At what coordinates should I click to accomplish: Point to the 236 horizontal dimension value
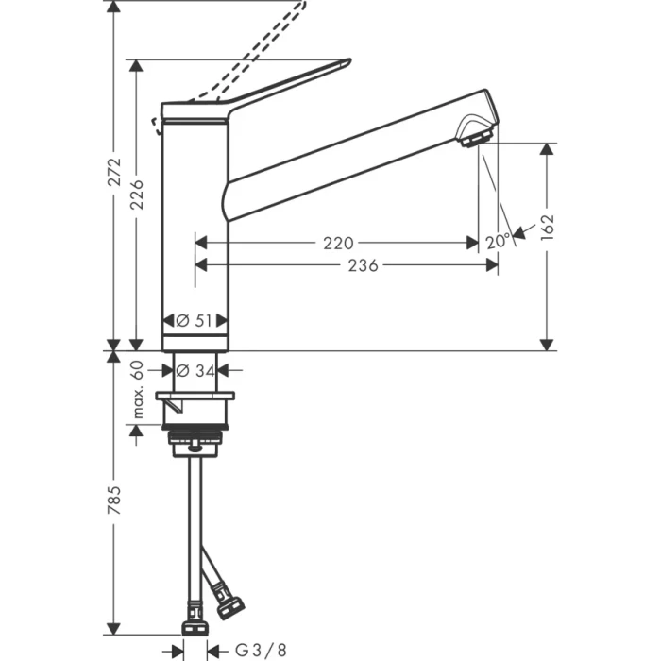[361, 266]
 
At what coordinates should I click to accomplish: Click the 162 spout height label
[548, 228]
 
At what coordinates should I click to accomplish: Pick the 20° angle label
[497, 241]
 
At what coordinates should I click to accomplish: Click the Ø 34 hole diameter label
[195, 370]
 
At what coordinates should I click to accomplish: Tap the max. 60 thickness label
[137, 389]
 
